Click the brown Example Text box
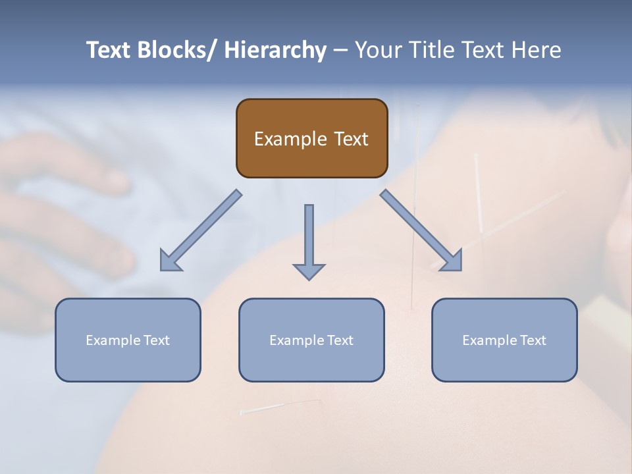pyautogui.click(x=311, y=138)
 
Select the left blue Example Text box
pyautogui.click(x=128, y=340)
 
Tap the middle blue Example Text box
pyautogui.click(x=311, y=340)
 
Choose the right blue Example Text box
pyautogui.click(x=504, y=340)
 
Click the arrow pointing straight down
pyautogui.click(x=309, y=240)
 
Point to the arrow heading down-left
pyautogui.click(x=201, y=230)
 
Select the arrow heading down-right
pyautogui.click(x=421, y=230)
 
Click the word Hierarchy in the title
pyautogui.click(x=275, y=50)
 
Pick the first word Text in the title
pyautogui.click(x=110, y=50)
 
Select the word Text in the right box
pyautogui.click(x=533, y=340)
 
